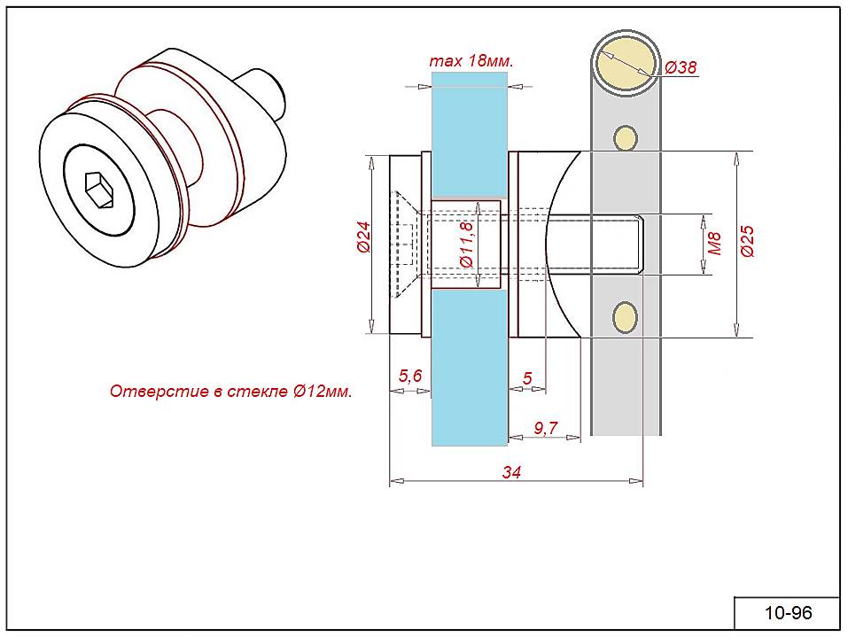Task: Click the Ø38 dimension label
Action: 681,67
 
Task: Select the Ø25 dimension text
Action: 746,241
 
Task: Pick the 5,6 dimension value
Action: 410,376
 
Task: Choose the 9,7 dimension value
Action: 546,428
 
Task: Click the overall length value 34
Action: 511,473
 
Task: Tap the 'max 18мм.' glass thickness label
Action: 471,61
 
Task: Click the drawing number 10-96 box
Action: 787,613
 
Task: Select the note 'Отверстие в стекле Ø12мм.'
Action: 230,392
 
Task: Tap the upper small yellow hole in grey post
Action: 626,137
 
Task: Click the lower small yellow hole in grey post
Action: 625,316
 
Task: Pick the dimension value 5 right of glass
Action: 528,378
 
